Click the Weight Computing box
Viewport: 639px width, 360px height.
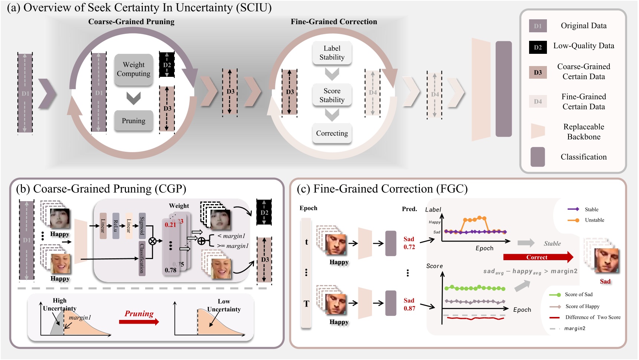coord(133,69)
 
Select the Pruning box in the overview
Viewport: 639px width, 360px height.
coord(133,121)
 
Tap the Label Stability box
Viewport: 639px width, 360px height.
coord(332,53)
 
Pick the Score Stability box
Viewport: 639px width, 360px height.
coord(332,95)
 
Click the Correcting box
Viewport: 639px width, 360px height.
coord(332,133)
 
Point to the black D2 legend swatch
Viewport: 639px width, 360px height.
coord(538,47)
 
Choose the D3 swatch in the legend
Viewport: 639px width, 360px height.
coord(538,72)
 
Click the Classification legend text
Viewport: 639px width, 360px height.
coord(583,157)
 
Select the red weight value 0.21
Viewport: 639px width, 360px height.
coord(170,225)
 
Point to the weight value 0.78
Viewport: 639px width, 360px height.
coord(170,270)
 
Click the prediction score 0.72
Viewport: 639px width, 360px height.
coord(409,247)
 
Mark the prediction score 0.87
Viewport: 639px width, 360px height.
coord(409,308)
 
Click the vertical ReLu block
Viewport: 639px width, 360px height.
coord(116,226)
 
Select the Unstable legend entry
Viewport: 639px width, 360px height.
coord(594,220)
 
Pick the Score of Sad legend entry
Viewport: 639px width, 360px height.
coord(578,295)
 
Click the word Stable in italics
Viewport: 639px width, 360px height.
coord(552,243)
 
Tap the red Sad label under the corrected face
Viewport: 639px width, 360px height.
coord(605,281)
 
